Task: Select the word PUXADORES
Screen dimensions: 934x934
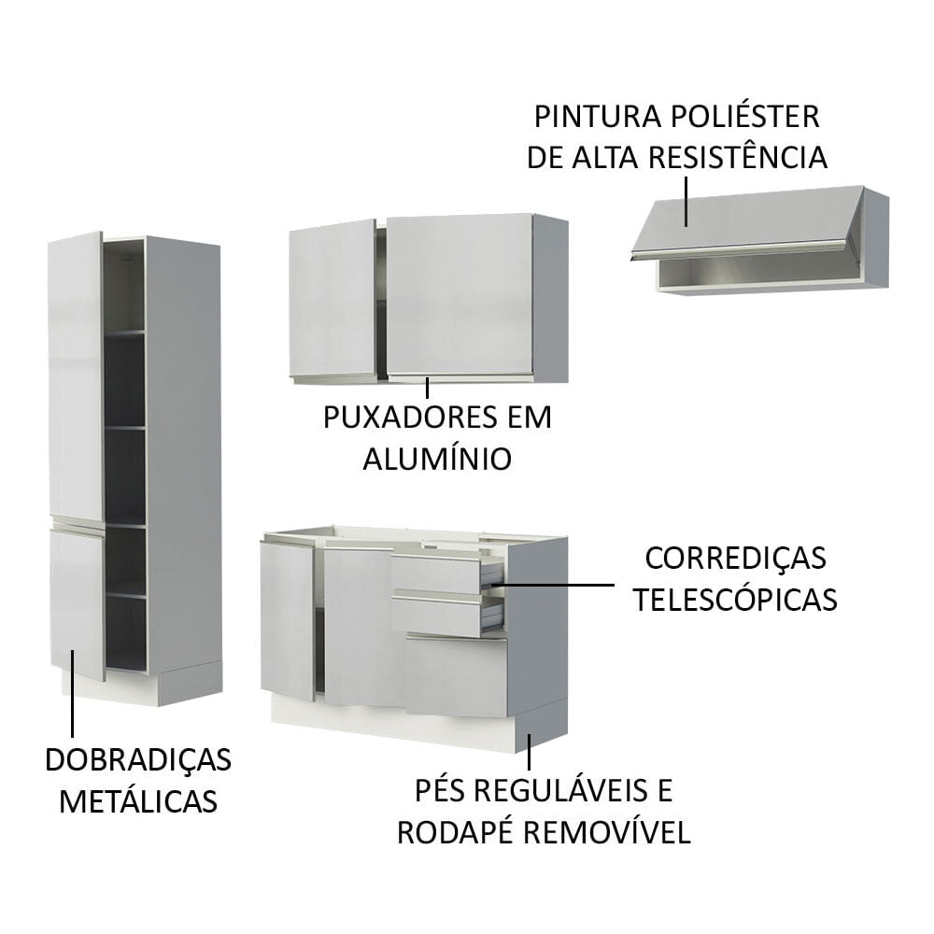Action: (x=399, y=417)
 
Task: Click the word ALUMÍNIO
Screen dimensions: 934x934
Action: (x=437, y=459)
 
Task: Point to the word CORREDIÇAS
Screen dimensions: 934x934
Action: (x=736, y=559)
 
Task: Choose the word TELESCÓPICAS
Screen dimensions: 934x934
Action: (x=735, y=600)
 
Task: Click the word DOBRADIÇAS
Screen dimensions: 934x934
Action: (x=138, y=760)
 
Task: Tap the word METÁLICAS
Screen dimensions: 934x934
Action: (x=138, y=801)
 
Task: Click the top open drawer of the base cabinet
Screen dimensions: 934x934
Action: (x=439, y=573)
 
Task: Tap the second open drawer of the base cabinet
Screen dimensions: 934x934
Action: (x=439, y=616)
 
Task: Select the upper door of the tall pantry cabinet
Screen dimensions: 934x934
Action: (x=77, y=374)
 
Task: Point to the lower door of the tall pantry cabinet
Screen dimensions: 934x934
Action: (x=77, y=600)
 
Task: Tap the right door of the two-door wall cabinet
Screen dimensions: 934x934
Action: (x=460, y=295)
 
